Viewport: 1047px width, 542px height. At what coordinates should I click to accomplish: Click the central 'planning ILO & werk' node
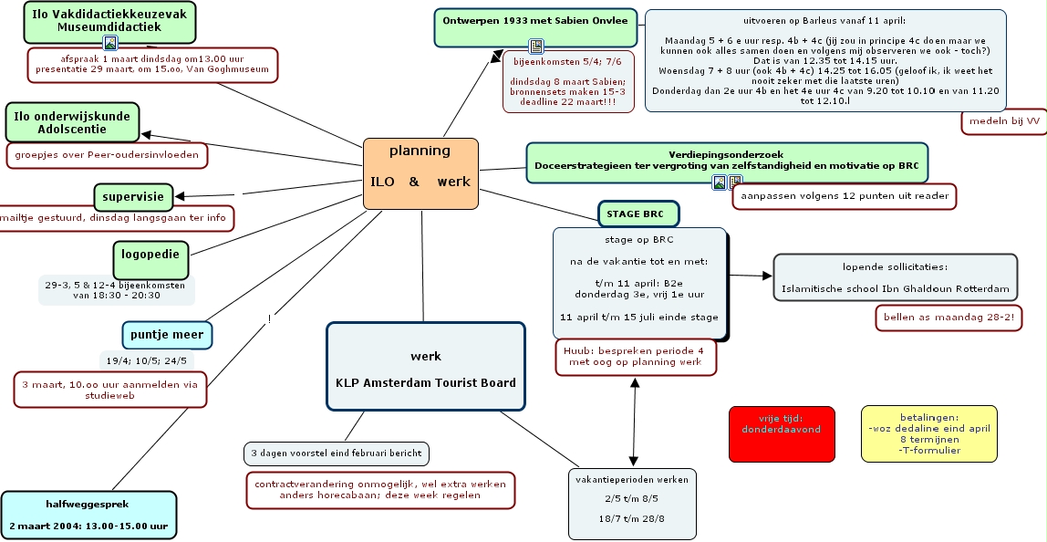click(420, 173)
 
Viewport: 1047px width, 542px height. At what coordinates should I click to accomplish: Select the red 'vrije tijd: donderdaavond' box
click(781, 433)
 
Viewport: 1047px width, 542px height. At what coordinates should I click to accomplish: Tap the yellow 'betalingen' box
click(928, 433)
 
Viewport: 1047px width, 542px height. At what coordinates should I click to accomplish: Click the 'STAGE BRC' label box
click(638, 214)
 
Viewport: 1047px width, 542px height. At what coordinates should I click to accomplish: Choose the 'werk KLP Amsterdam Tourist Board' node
click(425, 369)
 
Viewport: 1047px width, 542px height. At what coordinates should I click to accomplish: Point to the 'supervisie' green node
click(133, 196)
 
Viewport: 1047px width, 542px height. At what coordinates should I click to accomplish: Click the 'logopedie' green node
click(150, 259)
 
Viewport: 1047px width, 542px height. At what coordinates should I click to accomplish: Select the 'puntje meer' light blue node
click(167, 335)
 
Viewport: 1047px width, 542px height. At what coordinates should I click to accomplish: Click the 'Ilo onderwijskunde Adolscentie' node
click(72, 123)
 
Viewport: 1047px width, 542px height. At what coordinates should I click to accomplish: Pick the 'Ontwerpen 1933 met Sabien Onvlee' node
click(535, 27)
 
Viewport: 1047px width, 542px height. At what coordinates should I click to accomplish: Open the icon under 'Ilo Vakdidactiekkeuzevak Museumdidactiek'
click(110, 42)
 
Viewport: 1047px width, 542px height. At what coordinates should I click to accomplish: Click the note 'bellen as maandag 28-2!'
click(949, 318)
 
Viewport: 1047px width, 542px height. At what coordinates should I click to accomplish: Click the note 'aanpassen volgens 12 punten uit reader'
click(845, 195)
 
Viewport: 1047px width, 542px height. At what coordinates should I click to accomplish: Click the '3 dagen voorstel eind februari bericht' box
click(337, 453)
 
